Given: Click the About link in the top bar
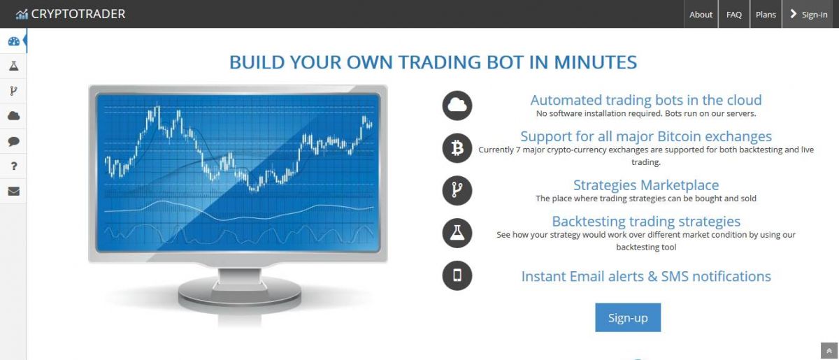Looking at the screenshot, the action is point(701,14).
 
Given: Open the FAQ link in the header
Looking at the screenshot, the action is point(733,14).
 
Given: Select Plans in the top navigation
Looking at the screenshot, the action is point(766,14).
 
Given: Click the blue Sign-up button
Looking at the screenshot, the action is point(628,317).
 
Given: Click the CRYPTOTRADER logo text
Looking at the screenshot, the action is point(78,14).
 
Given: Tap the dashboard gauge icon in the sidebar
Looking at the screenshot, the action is point(14,41).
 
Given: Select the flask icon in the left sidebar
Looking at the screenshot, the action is point(14,66).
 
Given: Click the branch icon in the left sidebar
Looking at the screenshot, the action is point(13,91).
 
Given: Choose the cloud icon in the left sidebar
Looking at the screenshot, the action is point(14,116).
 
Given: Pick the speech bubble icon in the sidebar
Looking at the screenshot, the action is point(14,141).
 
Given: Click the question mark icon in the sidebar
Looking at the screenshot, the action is point(14,166).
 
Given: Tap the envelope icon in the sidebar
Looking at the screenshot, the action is point(14,191).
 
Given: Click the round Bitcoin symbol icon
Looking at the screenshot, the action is point(457,148).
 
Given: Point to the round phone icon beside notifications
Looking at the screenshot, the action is point(457,275).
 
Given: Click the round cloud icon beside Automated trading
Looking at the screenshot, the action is point(457,106).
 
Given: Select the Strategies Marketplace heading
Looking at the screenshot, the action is point(646,185).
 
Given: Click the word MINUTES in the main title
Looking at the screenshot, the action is point(595,62).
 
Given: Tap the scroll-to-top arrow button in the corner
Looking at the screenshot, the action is point(829,351).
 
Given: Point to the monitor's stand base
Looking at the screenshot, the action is point(240,294).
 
